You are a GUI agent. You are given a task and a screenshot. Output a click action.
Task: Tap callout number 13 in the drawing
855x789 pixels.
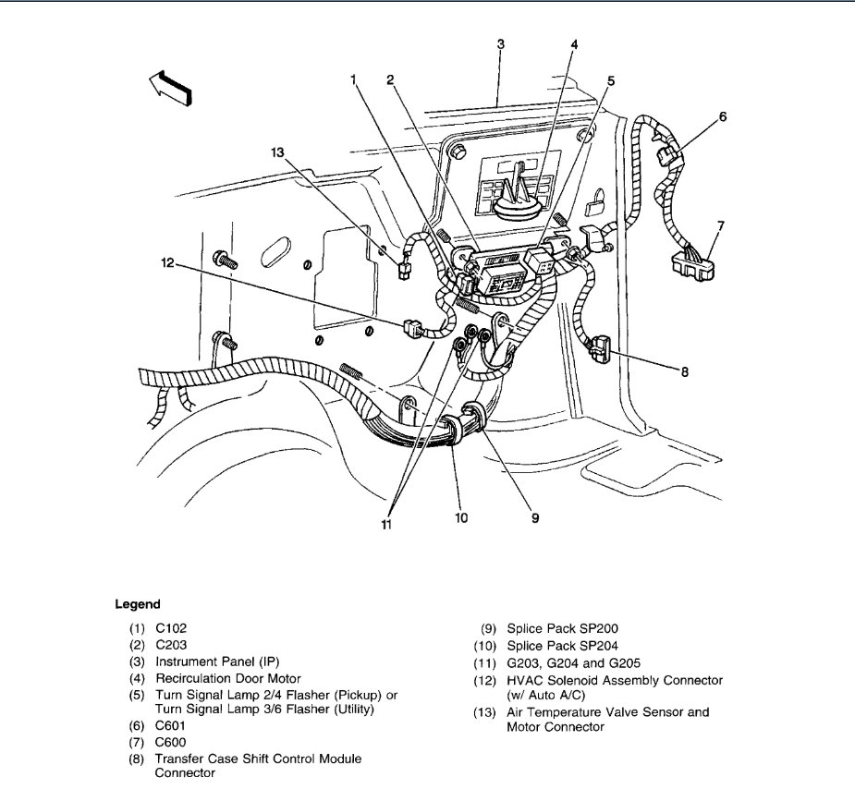point(277,153)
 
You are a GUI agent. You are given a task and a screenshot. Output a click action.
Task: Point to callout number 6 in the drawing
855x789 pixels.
point(722,117)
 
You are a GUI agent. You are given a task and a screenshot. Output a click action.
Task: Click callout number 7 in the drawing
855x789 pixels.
point(722,225)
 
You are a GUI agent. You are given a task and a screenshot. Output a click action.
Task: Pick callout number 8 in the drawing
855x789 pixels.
point(684,373)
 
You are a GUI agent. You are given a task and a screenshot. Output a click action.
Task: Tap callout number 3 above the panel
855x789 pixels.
point(500,44)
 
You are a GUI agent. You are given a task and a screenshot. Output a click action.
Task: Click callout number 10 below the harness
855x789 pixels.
point(461,518)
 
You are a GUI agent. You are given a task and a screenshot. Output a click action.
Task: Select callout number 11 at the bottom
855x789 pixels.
point(385,525)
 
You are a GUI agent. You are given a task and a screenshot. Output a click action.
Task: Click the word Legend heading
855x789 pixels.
point(138,604)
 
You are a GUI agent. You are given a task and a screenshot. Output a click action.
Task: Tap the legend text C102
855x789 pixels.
point(174,627)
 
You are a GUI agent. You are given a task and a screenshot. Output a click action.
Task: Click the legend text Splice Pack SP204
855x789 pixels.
point(562,646)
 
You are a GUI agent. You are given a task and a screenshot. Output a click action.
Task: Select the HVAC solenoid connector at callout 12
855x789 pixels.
point(412,326)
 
